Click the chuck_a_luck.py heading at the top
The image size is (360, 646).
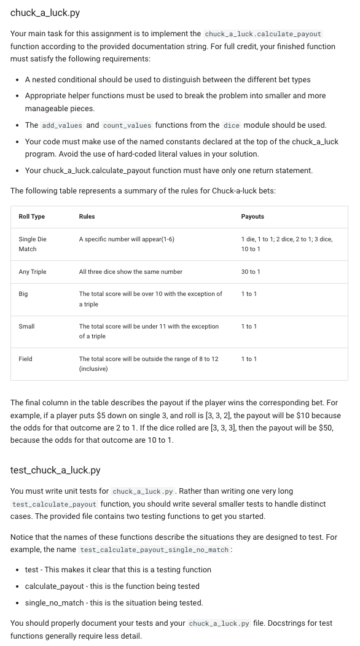[45, 12]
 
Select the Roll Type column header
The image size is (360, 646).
[31, 216]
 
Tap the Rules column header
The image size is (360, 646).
[87, 216]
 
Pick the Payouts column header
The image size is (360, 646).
[253, 216]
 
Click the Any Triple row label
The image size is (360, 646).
[32, 271]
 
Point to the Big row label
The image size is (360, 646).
[23, 294]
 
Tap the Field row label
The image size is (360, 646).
[25, 359]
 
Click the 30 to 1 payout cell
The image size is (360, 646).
[251, 271]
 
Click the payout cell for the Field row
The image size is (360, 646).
[249, 359]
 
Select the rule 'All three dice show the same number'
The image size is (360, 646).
[130, 271]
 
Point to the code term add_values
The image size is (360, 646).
[62, 125]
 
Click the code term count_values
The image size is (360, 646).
[127, 125]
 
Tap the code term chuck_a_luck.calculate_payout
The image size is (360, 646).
[262, 34]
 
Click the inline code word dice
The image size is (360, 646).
[231, 125]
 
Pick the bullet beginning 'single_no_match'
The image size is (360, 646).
[114, 602]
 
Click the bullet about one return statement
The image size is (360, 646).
[168, 170]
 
